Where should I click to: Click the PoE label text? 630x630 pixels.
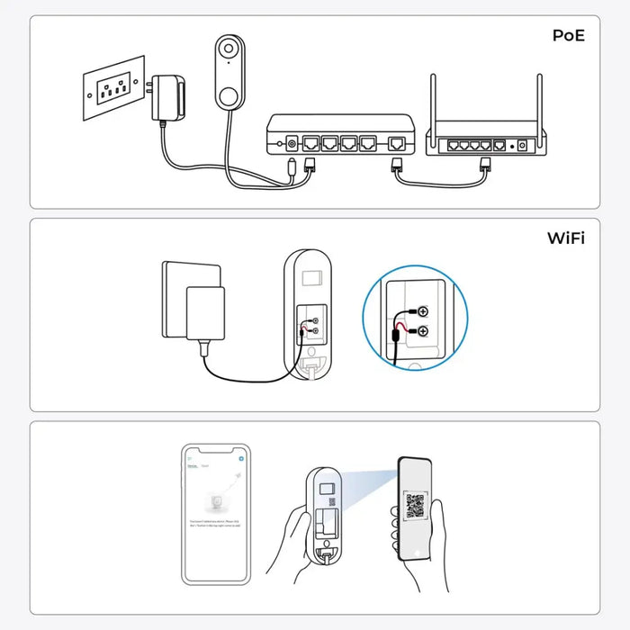(568, 36)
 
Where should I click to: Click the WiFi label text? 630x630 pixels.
(566, 238)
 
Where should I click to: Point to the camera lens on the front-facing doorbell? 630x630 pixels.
(229, 49)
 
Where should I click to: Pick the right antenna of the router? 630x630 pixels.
(540, 104)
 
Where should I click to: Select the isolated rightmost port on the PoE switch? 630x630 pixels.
(397, 143)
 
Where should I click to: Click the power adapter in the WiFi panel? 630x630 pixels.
(202, 311)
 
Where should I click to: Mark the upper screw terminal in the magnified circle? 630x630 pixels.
(422, 310)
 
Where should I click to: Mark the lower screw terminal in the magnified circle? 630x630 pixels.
(422, 332)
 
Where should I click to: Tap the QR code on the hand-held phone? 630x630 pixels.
(415, 505)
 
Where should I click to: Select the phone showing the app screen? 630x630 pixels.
(216, 514)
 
